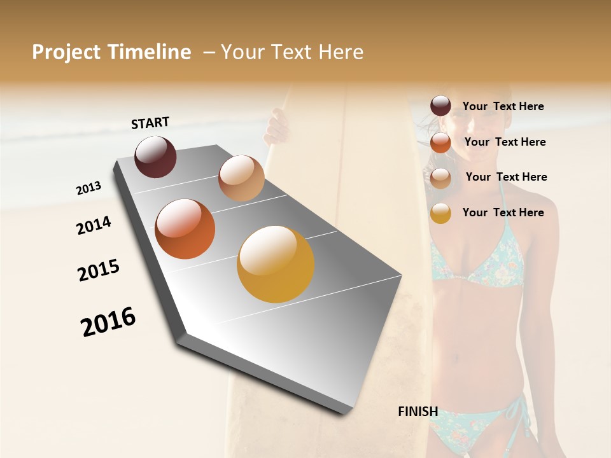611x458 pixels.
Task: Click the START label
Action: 150,123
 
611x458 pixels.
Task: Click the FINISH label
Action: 418,412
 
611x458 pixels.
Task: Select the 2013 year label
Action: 89,188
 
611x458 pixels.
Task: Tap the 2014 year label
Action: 94,225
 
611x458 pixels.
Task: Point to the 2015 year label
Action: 99,270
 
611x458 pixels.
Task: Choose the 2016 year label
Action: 108,322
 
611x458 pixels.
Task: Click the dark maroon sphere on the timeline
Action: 155,156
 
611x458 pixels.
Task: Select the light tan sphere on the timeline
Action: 241,178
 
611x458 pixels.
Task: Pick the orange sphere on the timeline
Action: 185,229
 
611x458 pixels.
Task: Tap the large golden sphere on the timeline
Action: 276,264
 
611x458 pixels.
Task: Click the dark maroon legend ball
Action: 440,106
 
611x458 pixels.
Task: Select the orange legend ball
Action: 440,142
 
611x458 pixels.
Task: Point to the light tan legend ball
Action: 440,178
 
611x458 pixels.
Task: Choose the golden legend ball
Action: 440,213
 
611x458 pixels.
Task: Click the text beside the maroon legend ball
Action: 503,106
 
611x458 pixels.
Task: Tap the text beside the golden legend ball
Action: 503,212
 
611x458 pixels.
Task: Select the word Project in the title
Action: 65,52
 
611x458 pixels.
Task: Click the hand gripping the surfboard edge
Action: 277,124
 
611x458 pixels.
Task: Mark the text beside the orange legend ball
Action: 505,142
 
